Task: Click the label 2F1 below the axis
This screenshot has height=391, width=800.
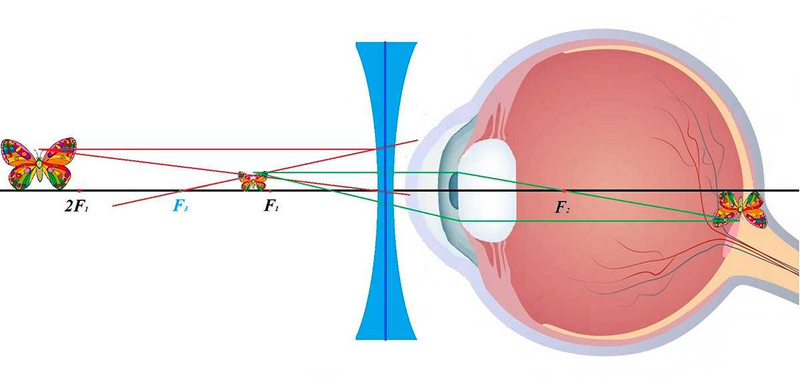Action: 77,206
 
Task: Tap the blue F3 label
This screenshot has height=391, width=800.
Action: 181,206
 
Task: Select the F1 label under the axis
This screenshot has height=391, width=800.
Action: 271,206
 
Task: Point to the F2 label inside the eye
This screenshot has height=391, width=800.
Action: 562,207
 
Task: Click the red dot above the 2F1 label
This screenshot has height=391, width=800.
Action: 79,191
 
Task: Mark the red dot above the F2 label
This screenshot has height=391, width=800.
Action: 564,191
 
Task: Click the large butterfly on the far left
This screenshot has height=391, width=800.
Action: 39,163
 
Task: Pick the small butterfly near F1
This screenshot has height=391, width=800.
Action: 253,181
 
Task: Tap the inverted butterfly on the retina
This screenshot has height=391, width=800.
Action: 740,210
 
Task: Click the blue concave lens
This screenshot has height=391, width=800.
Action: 386,191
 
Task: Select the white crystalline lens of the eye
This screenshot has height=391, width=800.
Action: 487,190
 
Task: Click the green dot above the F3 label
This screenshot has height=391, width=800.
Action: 181,191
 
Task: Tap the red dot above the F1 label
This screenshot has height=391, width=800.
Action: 270,191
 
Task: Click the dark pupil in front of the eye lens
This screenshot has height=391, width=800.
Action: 453,190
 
